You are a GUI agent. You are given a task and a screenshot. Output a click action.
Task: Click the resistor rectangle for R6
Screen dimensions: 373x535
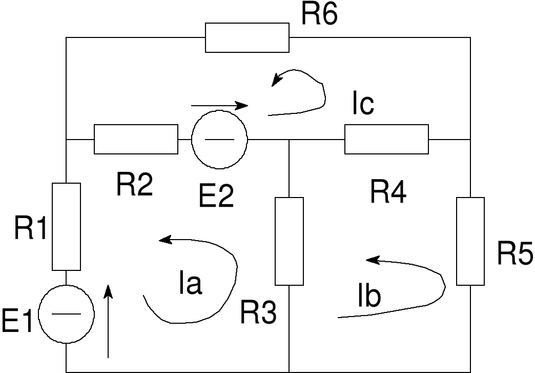(x=247, y=37)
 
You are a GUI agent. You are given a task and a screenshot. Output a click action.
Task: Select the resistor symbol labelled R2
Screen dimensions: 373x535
(x=136, y=139)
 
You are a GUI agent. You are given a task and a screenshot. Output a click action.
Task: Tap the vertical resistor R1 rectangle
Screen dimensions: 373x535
(x=67, y=226)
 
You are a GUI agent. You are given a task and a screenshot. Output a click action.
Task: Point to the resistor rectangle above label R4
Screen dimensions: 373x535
(x=386, y=139)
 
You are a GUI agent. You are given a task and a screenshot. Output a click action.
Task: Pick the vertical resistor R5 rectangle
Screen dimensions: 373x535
(x=470, y=241)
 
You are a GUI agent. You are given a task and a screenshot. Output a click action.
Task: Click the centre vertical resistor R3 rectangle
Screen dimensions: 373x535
(x=289, y=241)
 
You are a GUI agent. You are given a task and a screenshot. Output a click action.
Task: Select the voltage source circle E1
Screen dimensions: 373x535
(x=67, y=313)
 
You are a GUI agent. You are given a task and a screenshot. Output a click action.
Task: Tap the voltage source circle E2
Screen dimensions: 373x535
(x=219, y=139)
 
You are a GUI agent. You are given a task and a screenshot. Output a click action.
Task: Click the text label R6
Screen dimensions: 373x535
(x=319, y=15)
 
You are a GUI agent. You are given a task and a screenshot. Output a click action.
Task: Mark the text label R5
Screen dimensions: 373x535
(x=515, y=253)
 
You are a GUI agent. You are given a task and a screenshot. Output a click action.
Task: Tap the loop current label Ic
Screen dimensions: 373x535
(x=363, y=105)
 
